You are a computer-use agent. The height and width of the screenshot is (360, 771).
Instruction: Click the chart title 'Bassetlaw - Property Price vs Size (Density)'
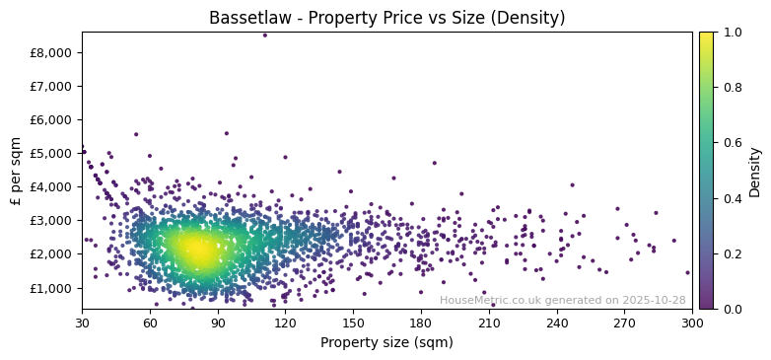[x=386, y=18]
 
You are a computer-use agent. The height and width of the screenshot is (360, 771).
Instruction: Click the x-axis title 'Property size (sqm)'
[x=386, y=343]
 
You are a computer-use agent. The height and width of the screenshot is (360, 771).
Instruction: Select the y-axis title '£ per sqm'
[x=17, y=171]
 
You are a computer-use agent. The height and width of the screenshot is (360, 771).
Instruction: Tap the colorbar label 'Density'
[x=754, y=171]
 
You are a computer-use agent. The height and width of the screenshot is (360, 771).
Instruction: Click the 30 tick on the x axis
[x=82, y=323]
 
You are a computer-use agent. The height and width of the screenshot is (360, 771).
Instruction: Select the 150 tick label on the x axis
[x=353, y=323]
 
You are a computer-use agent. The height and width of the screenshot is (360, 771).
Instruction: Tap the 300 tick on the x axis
[x=692, y=323]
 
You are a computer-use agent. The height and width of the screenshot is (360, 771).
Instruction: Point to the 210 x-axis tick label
[x=489, y=323]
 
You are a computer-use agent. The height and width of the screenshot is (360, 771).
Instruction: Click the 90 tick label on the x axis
[x=218, y=323]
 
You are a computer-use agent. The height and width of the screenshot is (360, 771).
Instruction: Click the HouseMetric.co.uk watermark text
[x=562, y=301]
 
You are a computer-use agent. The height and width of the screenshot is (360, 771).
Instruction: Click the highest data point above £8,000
[x=264, y=36]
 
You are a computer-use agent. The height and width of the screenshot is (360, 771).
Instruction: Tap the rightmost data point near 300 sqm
[x=687, y=272]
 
